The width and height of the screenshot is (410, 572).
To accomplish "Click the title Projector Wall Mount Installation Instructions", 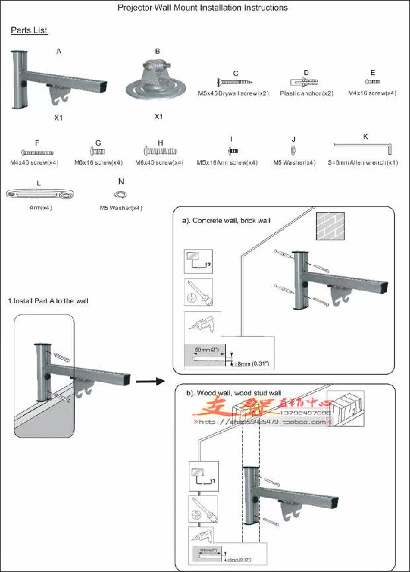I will click(x=202, y=8).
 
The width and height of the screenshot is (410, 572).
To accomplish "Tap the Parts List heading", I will click(x=29, y=30).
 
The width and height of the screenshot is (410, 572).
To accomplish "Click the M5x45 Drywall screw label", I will click(x=233, y=93).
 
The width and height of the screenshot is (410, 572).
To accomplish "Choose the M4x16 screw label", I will click(x=372, y=93).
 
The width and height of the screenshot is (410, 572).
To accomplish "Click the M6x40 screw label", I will click(x=159, y=162).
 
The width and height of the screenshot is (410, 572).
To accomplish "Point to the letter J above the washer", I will click(x=293, y=139).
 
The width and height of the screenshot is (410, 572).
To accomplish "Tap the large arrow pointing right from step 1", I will click(x=151, y=381).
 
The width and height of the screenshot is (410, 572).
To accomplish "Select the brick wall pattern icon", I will click(x=331, y=225).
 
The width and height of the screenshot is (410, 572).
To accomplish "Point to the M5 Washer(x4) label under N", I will click(x=121, y=208).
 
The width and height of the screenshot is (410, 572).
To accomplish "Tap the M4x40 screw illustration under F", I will click(x=37, y=152).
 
